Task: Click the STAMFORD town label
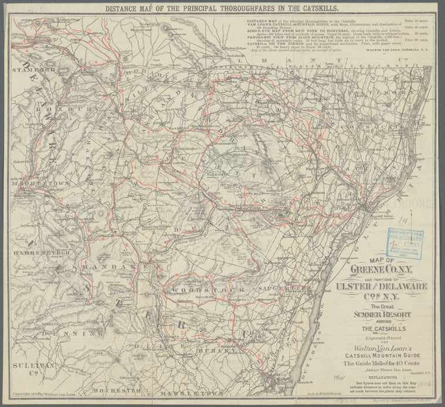(38, 70)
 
